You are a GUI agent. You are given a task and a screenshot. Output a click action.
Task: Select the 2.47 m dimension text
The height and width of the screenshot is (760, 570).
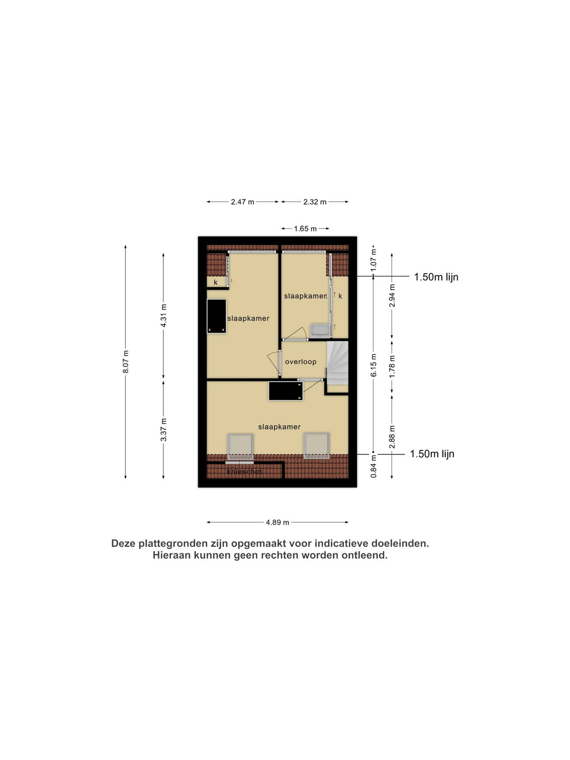[x=243, y=202]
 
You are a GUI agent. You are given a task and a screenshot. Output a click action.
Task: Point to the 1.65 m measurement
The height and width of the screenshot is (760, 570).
[x=305, y=228]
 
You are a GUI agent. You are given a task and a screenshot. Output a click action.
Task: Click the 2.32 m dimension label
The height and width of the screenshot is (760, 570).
[x=315, y=202]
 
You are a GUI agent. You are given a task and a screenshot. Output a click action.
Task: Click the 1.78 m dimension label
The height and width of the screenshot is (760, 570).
[x=392, y=366]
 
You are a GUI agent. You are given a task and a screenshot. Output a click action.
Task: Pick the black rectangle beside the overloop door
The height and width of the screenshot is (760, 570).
[x=285, y=391]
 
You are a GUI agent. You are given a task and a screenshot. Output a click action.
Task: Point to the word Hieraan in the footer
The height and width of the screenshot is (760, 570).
[x=172, y=555]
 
